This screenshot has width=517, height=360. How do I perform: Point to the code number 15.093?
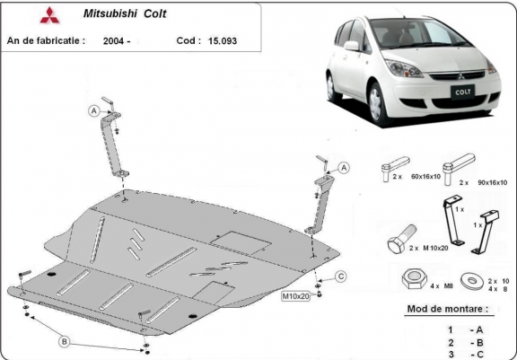[x=223, y=40]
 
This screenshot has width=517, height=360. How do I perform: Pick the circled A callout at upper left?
[x=92, y=110]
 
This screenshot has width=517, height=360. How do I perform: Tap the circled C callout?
[x=342, y=276]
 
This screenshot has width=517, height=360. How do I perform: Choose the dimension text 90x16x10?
[x=491, y=182]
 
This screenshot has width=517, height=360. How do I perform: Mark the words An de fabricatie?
[x=46, y=40]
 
